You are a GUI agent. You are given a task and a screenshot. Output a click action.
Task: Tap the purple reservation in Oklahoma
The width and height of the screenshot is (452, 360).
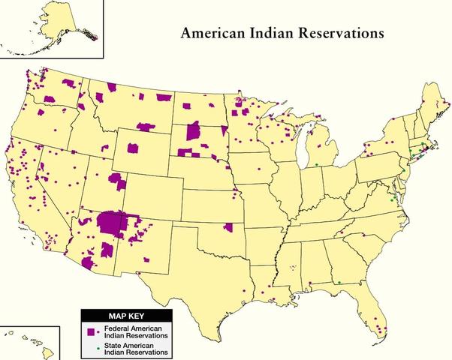pyautogui.click(x=228, y=227)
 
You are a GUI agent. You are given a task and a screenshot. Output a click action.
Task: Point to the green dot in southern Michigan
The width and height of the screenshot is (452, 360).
pyautogui.click(x=317, y=164)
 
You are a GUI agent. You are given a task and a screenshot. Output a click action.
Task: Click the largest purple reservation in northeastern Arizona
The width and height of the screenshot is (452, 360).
pyautogui.click(x=113, y=223)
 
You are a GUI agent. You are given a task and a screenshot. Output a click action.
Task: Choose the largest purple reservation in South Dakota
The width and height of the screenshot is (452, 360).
pyautogui.click(x=193, y=132)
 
